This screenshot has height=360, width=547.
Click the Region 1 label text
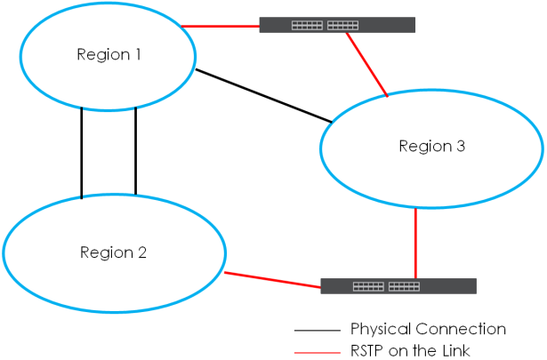pyautogui.click(x=109, y=54)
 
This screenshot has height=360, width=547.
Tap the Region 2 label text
pyautogui.click(x=113, y=252)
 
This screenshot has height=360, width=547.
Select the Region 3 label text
pyautogui.click(x=431, y=146)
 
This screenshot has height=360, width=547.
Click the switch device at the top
pyautogui.click(x=336, y=25)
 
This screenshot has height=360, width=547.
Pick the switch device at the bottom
pyautogui.click(x=398, y=286)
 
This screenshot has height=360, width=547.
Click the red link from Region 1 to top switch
pyautogui.click(x=220, y=26)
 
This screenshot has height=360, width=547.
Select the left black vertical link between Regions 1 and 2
pyautogui.click(x=82, y=152)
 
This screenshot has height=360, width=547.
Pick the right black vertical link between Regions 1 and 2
pyautogui.click(x=135, y=150)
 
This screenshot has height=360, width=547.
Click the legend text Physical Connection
pyautogui.click(x=428, y=329)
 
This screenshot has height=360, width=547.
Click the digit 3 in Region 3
pyautogui.click(x=460, y=146)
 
